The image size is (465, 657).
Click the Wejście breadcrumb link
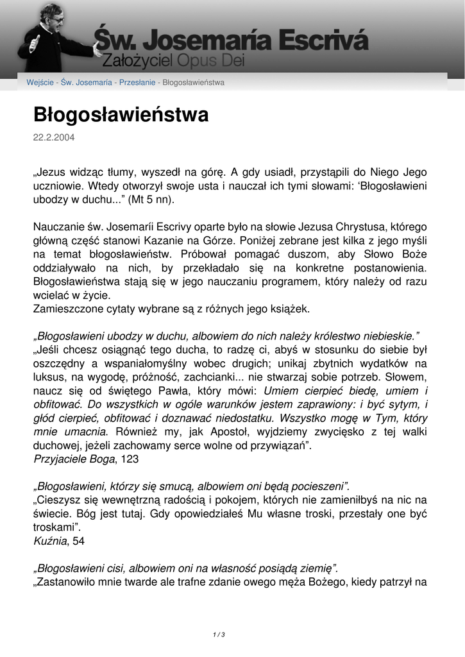pyautogui.click(x=39, y=83)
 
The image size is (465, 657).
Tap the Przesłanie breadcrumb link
pyautogui.click(x=137, y=83)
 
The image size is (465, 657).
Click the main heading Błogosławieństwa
pyautogui.click(x=121, y=115)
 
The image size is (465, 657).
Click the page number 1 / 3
pyautogui.click(x=218, y=635)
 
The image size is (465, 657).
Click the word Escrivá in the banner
pyautogui.click(x=326, y=42)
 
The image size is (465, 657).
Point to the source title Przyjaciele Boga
pyautogui.click(x=74, y=459)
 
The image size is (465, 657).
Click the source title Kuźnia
pyautogui.click(x=49, y=541)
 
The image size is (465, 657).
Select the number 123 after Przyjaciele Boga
pyautogui.click(x=128, y=459)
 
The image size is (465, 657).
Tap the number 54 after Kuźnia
pyautogui.click(x=78, y=541)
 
